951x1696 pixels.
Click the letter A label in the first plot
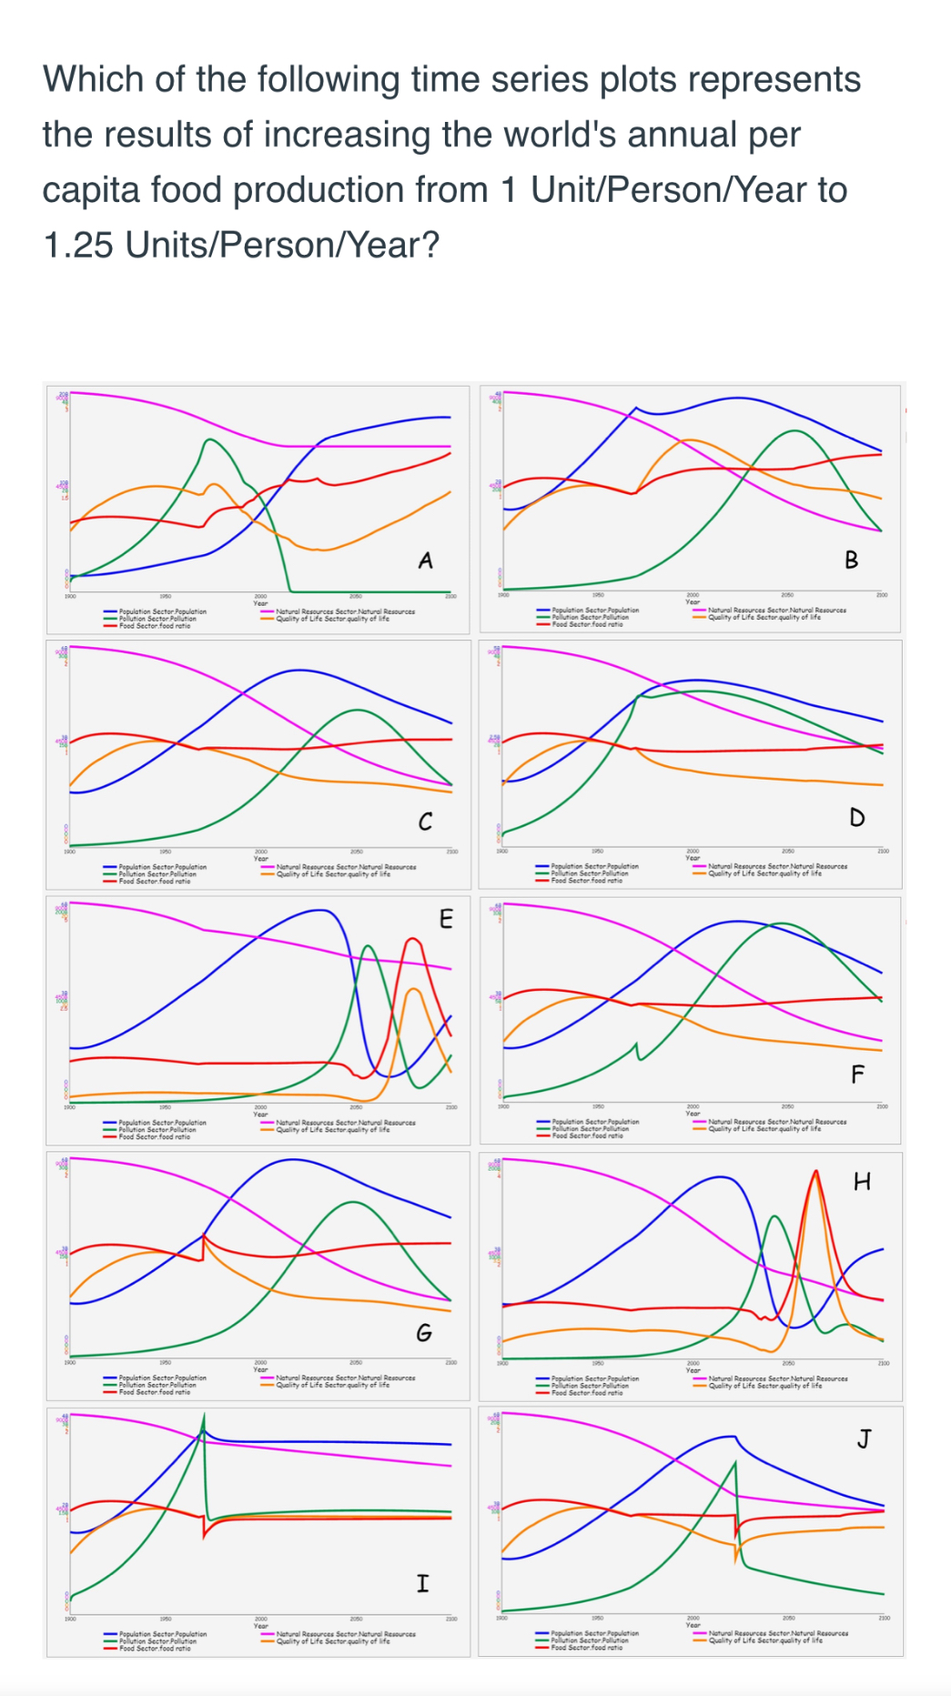[x=425, y=560]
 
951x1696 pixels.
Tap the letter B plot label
[x=851, y=560]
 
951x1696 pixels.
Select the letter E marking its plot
[x=445, y=918]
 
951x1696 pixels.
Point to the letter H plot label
[x=862, y=1182]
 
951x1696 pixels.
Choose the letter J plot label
[x=863, y=1439]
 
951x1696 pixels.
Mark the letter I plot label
[x=422, y=1583]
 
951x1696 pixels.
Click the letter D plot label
[x=856, y=817]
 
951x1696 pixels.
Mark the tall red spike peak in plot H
[x=815, y=1171]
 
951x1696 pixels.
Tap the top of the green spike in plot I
[x=204, y=1416]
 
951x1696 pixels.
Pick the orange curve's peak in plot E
[x=412, y=988]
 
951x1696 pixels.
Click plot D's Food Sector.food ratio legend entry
[x=586, y=881]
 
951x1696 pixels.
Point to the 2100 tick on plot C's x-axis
[x=451, y=852]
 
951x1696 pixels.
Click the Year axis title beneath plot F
[x=693, y=1114]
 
